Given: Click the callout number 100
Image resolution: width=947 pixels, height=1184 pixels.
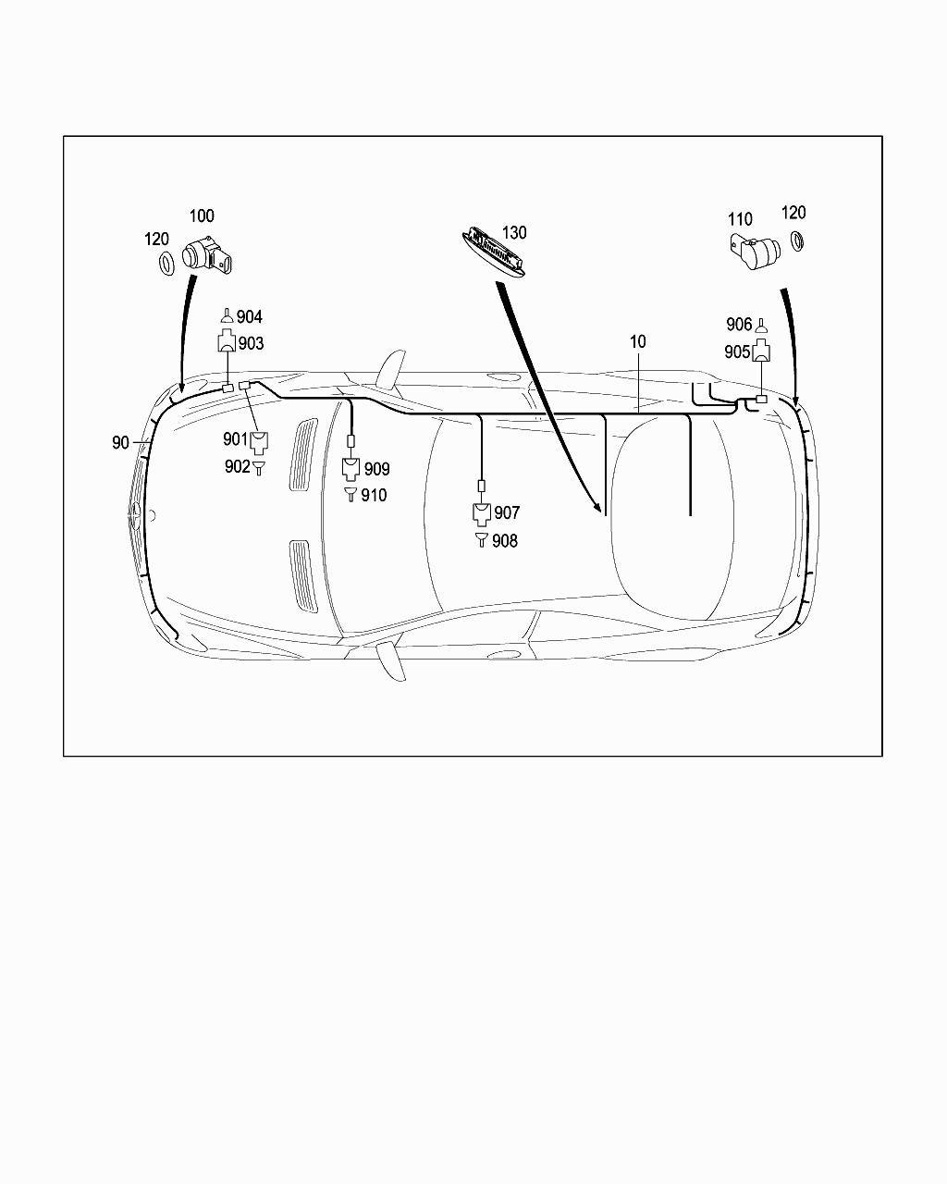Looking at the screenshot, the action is click(x=202, y=216).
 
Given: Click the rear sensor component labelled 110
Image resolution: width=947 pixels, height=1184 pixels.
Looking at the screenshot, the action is click(x=754, y=250).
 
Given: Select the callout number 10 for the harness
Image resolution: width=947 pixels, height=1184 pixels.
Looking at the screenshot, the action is click(x=638, y=341).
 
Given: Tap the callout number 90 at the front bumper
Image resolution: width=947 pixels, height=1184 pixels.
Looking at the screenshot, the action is click(x=120, y=443).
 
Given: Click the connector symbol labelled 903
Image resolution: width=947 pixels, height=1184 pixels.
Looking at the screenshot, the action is click(x=227, y=343).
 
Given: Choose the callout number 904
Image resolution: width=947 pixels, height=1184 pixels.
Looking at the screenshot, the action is click(x=250, y=317).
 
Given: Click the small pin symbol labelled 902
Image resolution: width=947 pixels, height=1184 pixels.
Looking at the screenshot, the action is click(x=259, y=467).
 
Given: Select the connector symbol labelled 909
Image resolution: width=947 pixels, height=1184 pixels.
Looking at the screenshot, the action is click(x=351, y=469).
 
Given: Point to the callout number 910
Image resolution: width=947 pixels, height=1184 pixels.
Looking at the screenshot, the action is click(x=374, y=496).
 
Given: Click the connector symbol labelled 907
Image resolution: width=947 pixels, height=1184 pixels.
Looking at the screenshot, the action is click(x=481, y=513).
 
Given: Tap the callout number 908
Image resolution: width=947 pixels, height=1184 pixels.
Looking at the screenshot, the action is click(x=505, y=541).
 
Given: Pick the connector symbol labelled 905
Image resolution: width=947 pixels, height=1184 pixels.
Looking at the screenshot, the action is click(x=761, y=351).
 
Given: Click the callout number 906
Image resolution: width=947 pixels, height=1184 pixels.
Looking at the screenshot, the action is click(x=739, y=325).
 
